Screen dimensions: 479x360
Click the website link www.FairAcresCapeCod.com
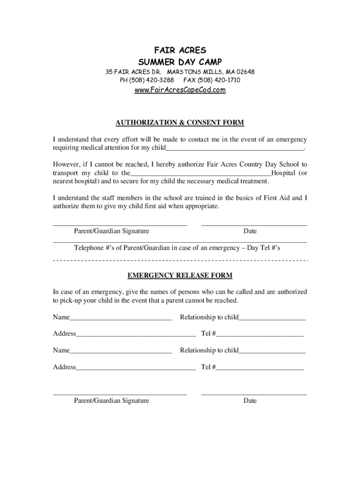180,90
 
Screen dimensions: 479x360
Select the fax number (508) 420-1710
222,80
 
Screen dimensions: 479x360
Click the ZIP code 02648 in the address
245,72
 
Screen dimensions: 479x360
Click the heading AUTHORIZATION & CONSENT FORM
180,123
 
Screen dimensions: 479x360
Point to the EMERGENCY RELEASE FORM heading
180,275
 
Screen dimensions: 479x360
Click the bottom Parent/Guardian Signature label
112,401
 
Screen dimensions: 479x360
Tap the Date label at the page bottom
250,401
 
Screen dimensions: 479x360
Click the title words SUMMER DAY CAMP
180,62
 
